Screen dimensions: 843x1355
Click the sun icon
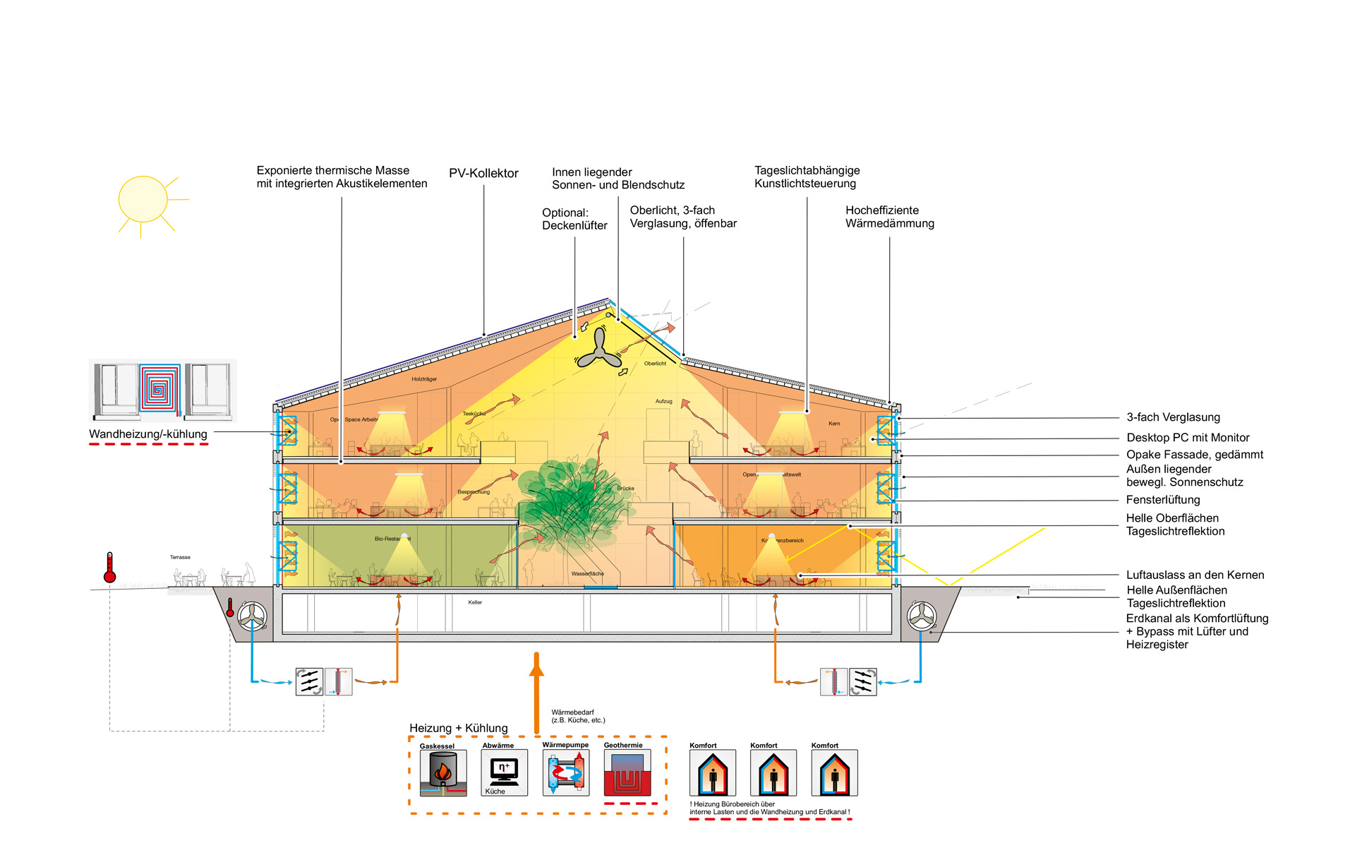143,200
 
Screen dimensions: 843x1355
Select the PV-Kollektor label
483,174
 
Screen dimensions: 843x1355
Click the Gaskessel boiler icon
443,772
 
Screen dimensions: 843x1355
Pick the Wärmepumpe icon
566,772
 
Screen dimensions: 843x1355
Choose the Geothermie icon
627,772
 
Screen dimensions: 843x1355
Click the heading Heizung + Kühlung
459,728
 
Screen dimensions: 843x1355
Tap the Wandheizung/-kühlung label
148,434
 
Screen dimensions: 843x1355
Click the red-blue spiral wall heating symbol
159,388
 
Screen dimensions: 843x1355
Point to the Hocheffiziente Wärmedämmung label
889,217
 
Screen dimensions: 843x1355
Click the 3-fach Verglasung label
1173,417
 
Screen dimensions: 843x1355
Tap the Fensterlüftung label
1162,500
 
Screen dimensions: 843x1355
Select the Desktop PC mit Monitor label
1188,438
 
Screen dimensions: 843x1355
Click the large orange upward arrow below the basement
536,692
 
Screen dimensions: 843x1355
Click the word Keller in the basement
475,602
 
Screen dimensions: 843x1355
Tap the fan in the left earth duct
252,616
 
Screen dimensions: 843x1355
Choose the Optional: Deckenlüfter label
574,219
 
